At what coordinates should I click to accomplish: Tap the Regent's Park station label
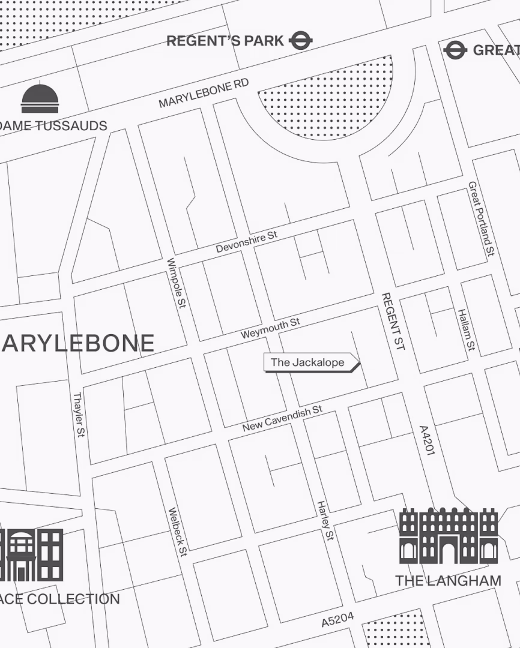point(225,41)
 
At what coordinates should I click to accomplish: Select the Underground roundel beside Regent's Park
point(301,41)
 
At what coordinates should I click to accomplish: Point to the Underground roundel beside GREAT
point(455,50)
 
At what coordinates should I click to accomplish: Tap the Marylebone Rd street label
point(204,94)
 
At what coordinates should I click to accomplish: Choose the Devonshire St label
point(247,241)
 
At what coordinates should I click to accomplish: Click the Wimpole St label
point(176,283)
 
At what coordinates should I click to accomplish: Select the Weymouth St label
point(270,328)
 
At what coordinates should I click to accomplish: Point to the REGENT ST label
point(393,321)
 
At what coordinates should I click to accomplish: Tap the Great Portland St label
point(482,219)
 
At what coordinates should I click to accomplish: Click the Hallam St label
point(467,330)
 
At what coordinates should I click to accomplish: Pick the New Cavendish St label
point(282,418)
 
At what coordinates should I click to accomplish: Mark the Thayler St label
point(78,414)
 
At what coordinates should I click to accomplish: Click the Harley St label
point(325,520)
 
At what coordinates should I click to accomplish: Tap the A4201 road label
point(426,440)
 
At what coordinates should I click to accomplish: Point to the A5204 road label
point(337,619)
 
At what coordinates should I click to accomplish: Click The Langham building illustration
point(449,536)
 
